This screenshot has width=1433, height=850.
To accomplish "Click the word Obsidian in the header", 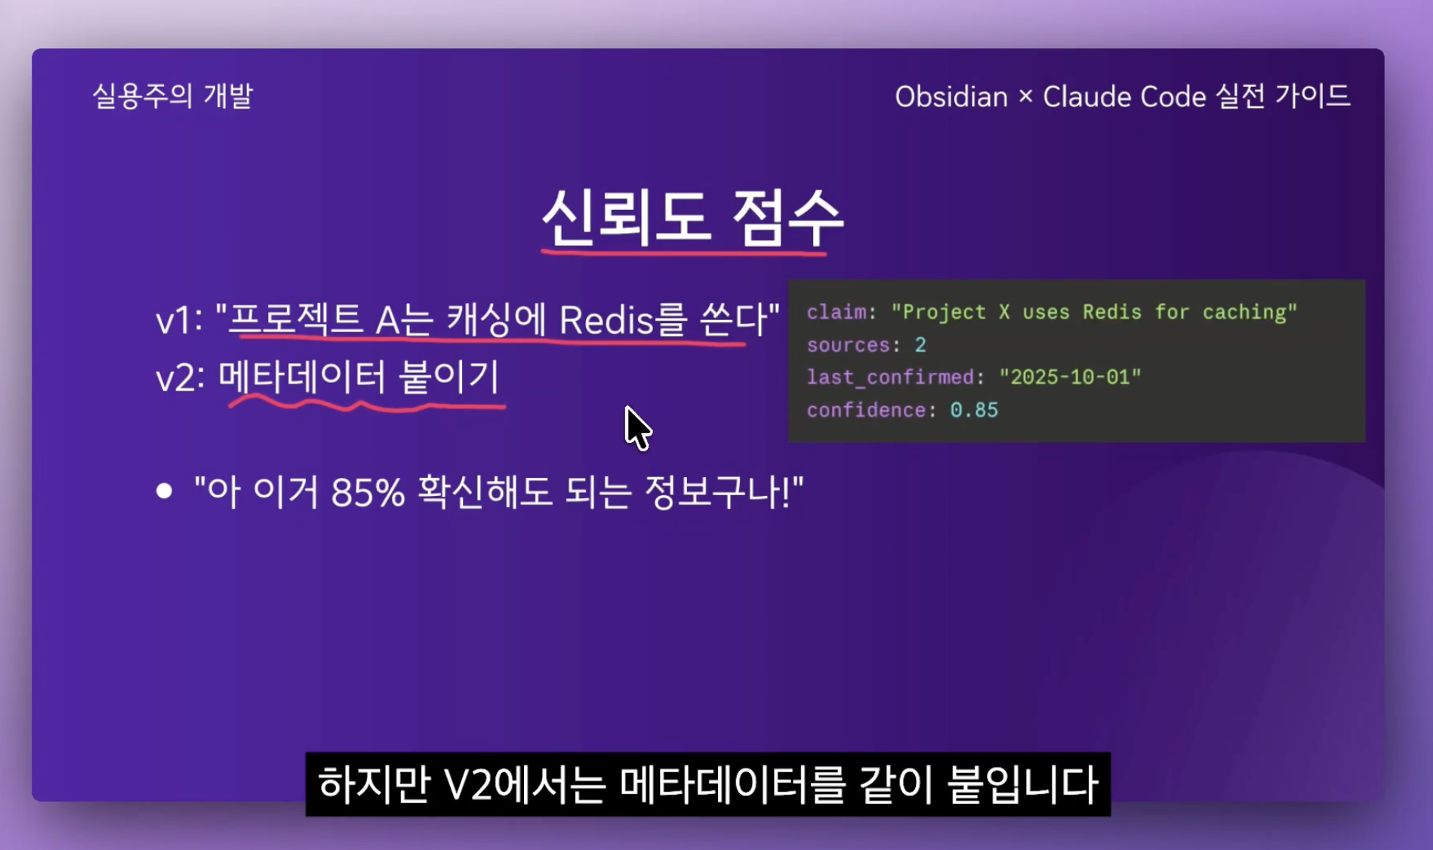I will pos(951,97).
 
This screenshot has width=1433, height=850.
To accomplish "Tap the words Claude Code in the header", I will pos(1124,97).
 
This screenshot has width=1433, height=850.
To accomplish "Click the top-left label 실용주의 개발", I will pos(172,96).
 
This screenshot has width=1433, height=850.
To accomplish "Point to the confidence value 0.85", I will pos(974,410).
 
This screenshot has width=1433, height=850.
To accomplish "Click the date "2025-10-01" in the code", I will pos(1070,377).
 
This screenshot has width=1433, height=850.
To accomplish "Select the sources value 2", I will pos(920,345).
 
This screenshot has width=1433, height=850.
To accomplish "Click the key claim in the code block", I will pos(836,313).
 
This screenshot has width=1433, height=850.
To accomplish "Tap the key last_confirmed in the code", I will pos(889,377).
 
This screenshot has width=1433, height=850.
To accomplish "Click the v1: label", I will pos(179,321).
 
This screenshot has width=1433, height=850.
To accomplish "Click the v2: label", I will pos(180,377).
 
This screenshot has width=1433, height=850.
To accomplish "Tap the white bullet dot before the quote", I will pos(164,491).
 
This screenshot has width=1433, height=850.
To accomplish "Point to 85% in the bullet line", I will pos(368,492).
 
